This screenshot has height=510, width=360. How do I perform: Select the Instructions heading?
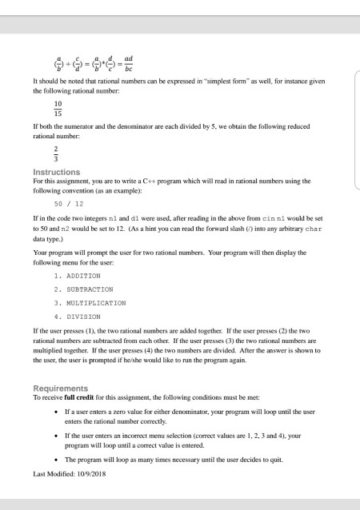point(56,172)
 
